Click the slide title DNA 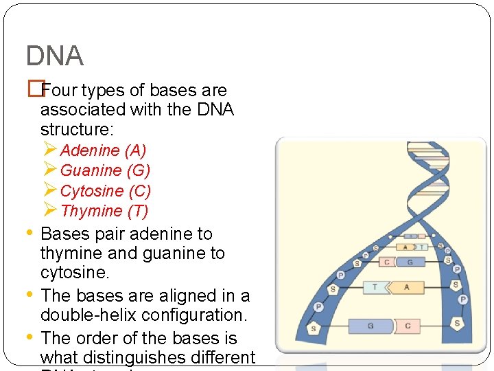click(55, 56)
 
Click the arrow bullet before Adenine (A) click(49, 149)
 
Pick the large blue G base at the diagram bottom click(371, 326)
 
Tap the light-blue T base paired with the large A click(375, 286)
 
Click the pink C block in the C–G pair click(387, 262)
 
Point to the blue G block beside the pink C click(410, 262)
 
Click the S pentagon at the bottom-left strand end click(314, 328)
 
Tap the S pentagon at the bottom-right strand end click(456, 323)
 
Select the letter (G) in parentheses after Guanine click(139, 170)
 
